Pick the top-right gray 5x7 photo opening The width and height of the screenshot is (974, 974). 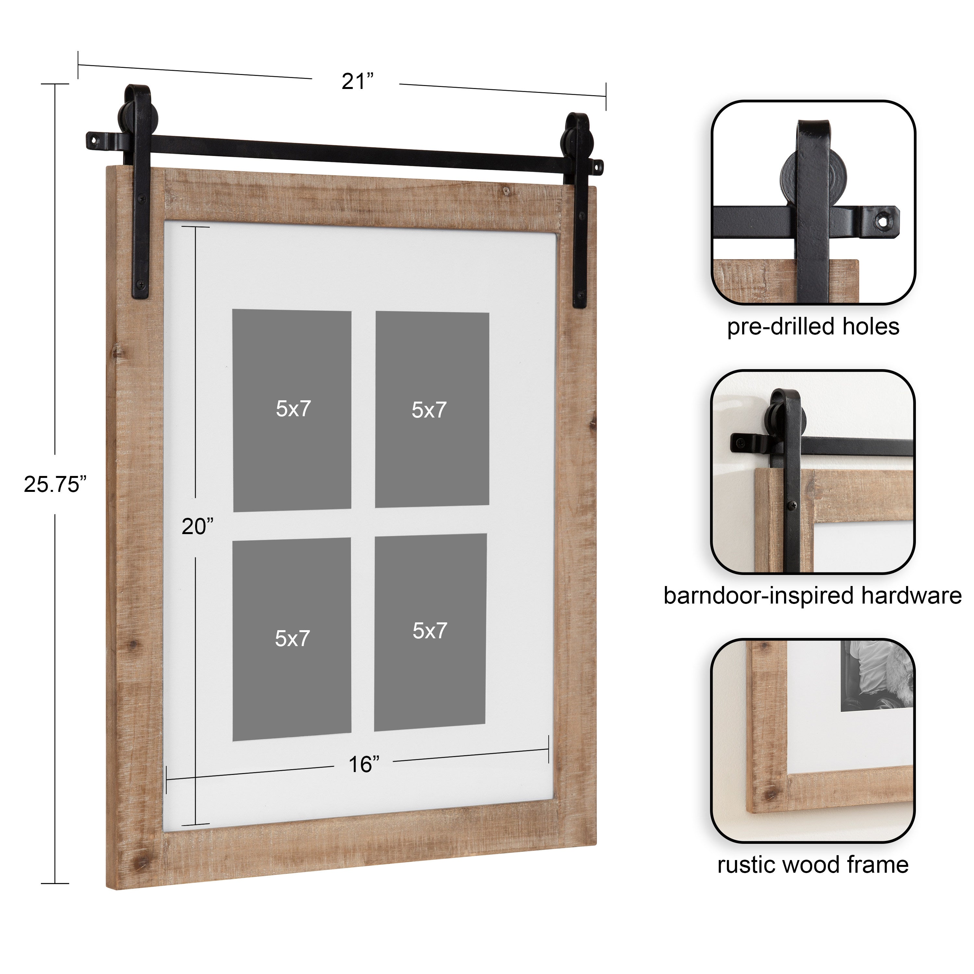tap(432, 410)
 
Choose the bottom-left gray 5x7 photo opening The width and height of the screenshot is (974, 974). tap(292, 639)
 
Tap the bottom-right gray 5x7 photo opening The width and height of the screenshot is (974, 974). tap(430, 632)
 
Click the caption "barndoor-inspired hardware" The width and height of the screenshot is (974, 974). tap(812, 595)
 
